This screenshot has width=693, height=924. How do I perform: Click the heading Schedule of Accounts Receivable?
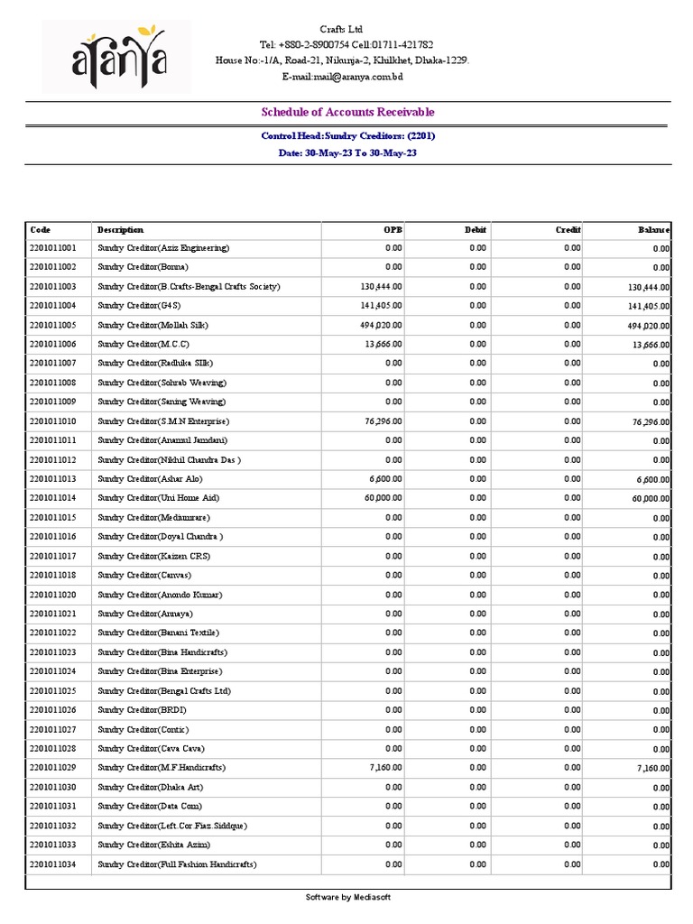pyautogui.click(x=347, y=112)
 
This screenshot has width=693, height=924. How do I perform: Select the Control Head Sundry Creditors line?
pyautogui.click(x=347, y=136)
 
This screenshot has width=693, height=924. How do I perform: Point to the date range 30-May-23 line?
pyautogui.click(x=347, y=153)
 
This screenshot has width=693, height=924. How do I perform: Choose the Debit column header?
pyautogui.click(x=476, y=230)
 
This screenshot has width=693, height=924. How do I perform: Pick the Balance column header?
pyautogui.click(x=653, y=230)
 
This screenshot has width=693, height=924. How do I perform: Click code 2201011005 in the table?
pyautogui.click(x=53, y=325)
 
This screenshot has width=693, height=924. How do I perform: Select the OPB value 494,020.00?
pyautogui.click(x=381, y=325)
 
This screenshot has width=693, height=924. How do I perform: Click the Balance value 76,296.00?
pyautogui.click(x=650, y=422)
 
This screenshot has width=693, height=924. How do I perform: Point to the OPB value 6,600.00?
pyautogui.click(x=385, y=479)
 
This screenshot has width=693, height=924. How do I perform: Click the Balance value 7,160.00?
pyautogui.click(x=652, y=769)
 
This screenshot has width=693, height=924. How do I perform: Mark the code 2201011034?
pyautogui.click(x=53, y=864)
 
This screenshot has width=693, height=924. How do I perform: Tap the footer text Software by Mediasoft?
pyautogui.click(x=347, y=898)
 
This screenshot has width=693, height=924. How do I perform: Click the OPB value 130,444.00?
pyautogui.click(x=381, y=286)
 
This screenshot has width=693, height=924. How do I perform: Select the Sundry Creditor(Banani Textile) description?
pyautogui.click(x=158, y=633)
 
